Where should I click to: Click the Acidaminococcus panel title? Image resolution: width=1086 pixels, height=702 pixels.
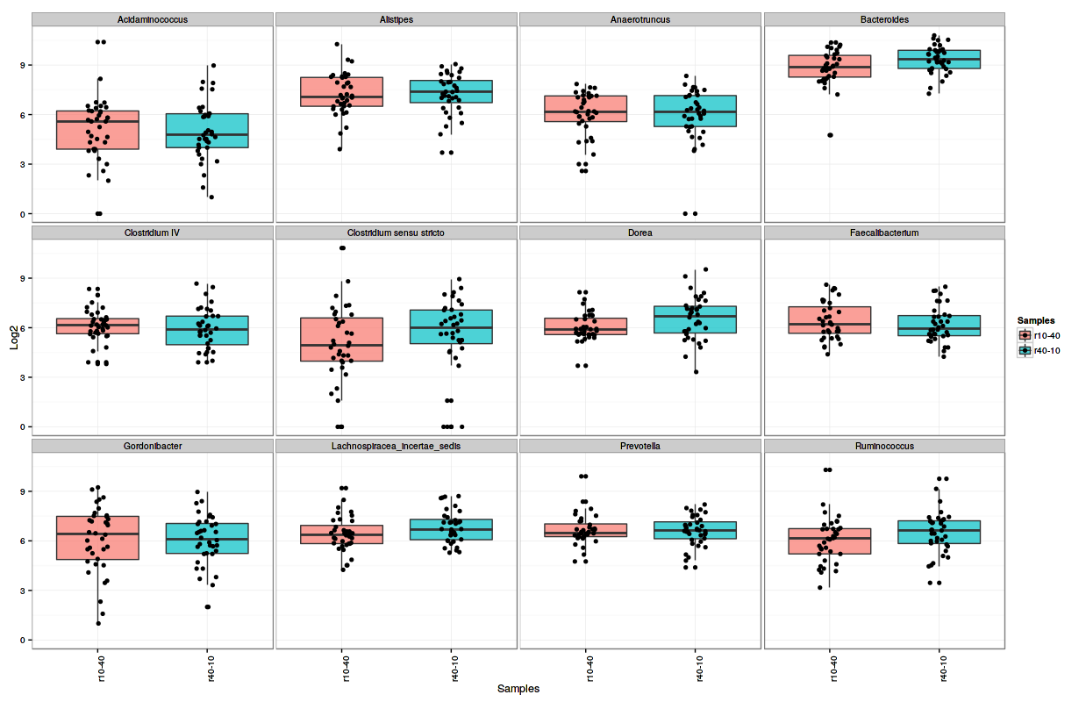153,19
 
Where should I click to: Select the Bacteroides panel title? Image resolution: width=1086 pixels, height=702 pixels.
884,19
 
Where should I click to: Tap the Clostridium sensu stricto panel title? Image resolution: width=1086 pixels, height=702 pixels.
397,233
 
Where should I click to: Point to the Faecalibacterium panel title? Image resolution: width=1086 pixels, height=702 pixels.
884,233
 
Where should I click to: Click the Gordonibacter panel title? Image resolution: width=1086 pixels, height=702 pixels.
153,446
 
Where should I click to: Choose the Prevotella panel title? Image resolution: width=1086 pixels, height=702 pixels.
640,446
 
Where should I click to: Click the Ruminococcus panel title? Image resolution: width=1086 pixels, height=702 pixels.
884,446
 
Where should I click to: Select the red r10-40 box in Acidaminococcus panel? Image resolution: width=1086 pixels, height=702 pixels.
97,130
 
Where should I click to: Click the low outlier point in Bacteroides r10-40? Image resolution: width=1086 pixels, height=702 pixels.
830,135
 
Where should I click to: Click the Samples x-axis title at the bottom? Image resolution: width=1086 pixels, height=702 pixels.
518,689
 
